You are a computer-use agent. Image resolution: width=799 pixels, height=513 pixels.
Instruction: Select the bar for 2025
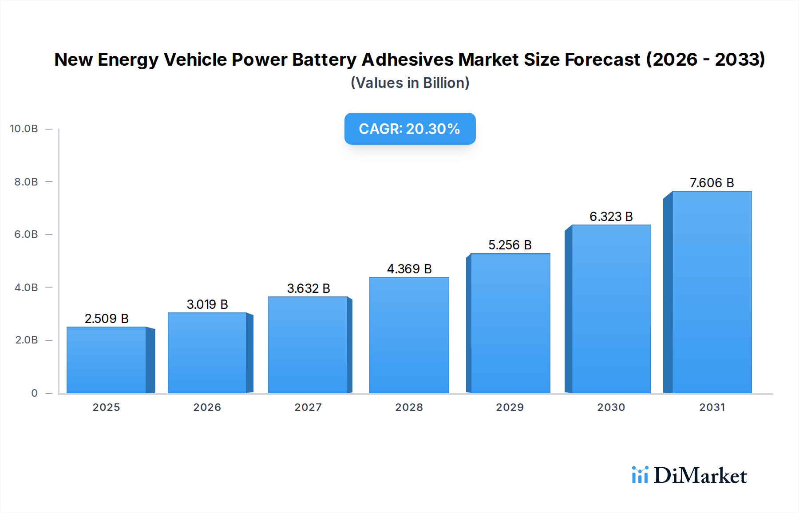(107, 360)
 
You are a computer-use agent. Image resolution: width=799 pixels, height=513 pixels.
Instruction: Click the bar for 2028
(409, 335)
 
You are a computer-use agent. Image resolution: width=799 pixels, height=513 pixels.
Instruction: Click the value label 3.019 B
(207, 304)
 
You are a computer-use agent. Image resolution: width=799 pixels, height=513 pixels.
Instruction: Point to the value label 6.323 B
(611, 217)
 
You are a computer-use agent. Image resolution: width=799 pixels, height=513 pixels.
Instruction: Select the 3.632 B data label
(309, 288)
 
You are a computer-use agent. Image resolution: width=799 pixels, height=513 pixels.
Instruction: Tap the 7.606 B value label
(712, 183)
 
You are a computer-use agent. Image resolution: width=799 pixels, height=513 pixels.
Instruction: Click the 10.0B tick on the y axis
(24, 129)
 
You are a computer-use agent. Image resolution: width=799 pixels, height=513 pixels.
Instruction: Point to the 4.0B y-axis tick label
(26, 288)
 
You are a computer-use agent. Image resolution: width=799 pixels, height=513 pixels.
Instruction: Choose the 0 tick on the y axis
(34, 393)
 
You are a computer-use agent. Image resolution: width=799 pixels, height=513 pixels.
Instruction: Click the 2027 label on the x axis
(308, 407)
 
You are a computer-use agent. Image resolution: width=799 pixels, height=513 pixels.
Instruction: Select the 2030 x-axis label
(611, 407)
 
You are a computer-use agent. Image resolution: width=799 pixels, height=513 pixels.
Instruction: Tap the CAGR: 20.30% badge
(410, 129)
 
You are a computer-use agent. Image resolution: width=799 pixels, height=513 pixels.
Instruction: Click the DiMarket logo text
(700, 476)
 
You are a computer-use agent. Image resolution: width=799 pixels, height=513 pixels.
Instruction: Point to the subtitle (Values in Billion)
(410, 83)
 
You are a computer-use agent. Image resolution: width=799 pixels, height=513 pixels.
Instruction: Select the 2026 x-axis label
(207, 407)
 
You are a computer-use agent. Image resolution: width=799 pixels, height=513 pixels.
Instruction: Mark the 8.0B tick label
(26, 182)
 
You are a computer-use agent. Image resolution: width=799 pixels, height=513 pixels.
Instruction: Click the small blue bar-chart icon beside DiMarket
(640, 475)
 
